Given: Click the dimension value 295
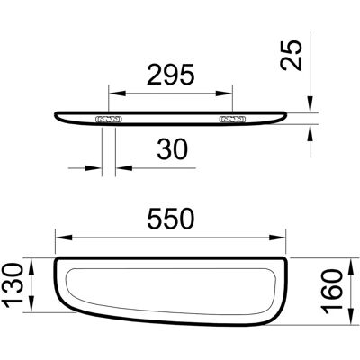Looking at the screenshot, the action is (171, 75).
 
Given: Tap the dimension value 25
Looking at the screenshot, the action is (291, 56).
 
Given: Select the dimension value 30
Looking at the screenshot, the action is (173, 149).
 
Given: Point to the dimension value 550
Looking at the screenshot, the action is (171, 219).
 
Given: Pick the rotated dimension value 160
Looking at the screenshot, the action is (331, 292).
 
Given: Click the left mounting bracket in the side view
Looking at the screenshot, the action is (109, 120).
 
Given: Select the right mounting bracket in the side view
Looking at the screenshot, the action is (233, 120).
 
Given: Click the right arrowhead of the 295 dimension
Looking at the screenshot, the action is (224, 94).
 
